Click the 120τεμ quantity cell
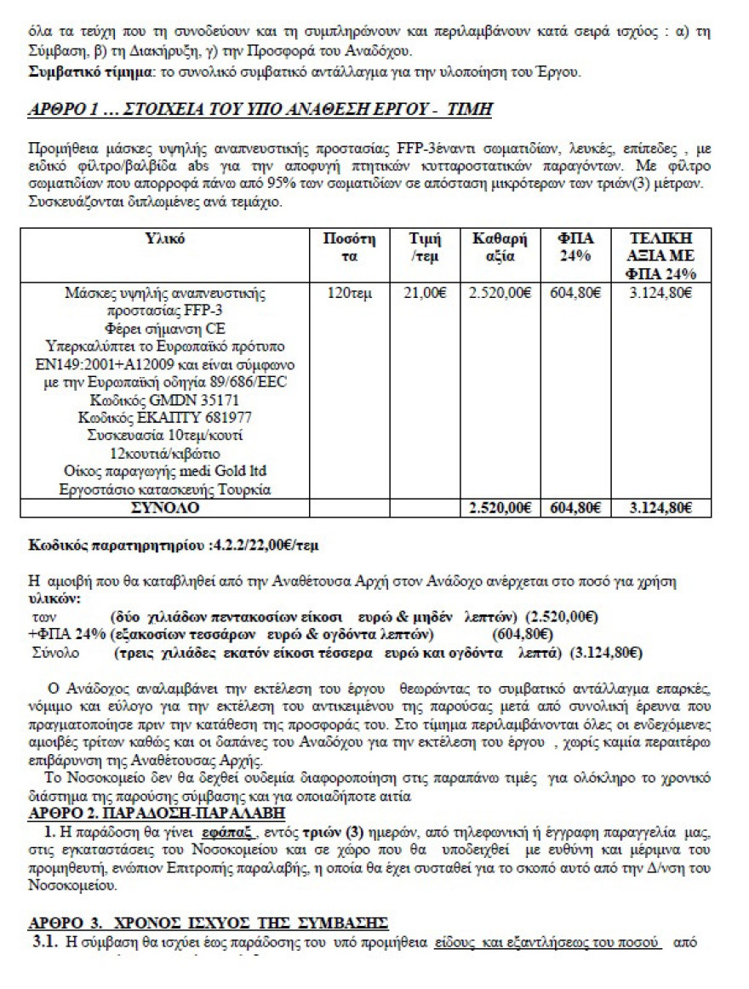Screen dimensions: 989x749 pyautogui.click(x=350, y=294)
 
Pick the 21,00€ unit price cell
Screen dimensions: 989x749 pyautogui.click(x=423, y=294)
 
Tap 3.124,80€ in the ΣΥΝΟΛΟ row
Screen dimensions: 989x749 pyautogui.click(x=660, y=508)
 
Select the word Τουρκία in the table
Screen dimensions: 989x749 pyautogui.click(x=242, y=489)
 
